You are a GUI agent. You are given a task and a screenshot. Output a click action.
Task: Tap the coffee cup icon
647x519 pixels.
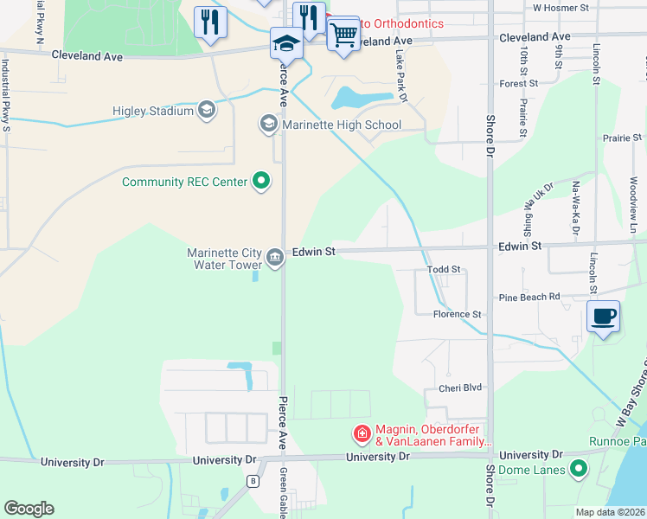click(603, 315)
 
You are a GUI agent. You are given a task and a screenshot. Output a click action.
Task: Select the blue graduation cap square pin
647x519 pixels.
click(286, 42)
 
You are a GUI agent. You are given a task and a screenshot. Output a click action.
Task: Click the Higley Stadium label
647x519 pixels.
click(152, 111)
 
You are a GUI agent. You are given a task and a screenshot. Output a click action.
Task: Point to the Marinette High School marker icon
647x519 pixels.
click(268, 125)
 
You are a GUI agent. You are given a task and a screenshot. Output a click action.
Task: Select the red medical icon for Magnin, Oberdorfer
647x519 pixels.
click(362, 432)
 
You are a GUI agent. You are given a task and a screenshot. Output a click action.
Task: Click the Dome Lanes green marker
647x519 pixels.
click(579, 471)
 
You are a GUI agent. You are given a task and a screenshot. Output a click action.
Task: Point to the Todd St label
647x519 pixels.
click(445, 271)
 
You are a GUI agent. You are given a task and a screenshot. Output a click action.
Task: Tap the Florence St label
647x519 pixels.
click(457, 315)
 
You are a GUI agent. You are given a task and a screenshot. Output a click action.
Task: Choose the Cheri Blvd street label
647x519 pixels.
click(459, 388)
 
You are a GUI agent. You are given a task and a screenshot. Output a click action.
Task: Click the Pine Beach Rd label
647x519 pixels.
click(529, 297)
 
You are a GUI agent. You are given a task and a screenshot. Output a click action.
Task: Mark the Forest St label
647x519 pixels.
click(519, 84)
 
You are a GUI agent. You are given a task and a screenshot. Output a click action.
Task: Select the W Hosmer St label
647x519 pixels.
click(561, 7)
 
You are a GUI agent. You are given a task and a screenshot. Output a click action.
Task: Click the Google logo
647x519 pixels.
click(29, 509)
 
